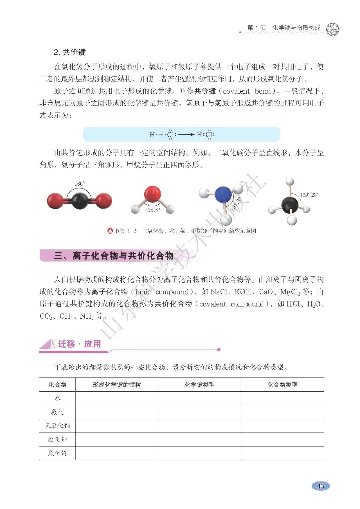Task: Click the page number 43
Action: [x=320, y=486]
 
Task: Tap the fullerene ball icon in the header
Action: [x=332, y=29]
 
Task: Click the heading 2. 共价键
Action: [x=70, y=52]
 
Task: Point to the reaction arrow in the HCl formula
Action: [x=186, y=135]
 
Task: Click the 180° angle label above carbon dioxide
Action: [x=80, y=184]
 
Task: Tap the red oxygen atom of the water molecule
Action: [x=152, y=194]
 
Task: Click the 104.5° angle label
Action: [x=152, y=211]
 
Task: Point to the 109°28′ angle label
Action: [x=309, y=195]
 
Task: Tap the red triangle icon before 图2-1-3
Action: [x=110, y=231]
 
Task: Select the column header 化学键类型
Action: [x=199, y=385]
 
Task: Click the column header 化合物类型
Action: [x=282, y=385]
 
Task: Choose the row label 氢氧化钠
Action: [x=57, y=426]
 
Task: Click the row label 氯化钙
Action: [x=57, y=453]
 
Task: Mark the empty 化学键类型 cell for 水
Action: [x=199, y=398]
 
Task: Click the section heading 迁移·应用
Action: [x=79, y=344]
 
